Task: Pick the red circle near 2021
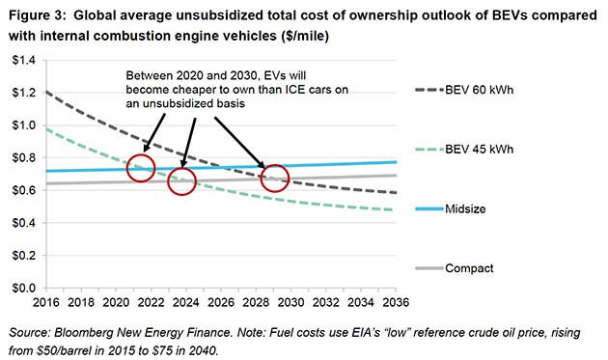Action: pos(141,168)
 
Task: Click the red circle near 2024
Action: pos(182,180)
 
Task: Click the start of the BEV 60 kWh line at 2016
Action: pos(46,92)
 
